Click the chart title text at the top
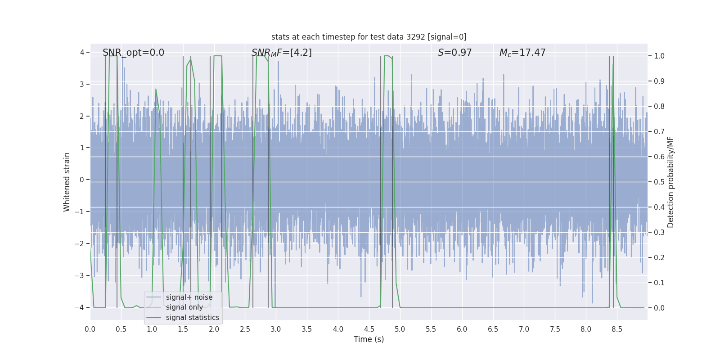click(369, 37)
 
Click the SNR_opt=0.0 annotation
click(133, 53)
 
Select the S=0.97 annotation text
click(454, 53)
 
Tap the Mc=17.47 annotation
click(522, 53)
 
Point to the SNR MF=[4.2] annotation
click(281, 53)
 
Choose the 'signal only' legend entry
click(184, 307)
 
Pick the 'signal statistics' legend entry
click(192, 318)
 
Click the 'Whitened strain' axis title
click(67, 182)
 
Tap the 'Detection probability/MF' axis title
click(670, 182)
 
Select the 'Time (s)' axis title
click(369, 339)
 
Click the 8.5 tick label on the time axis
click(616, 329)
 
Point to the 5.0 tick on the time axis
click(400, 329)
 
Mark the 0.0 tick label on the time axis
click(90, 329)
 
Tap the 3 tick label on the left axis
click(82, 85)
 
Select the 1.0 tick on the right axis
click(659, 56)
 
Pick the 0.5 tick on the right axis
click(659, 182)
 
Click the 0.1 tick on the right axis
click(659, 283)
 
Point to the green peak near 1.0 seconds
click(156, 89)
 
